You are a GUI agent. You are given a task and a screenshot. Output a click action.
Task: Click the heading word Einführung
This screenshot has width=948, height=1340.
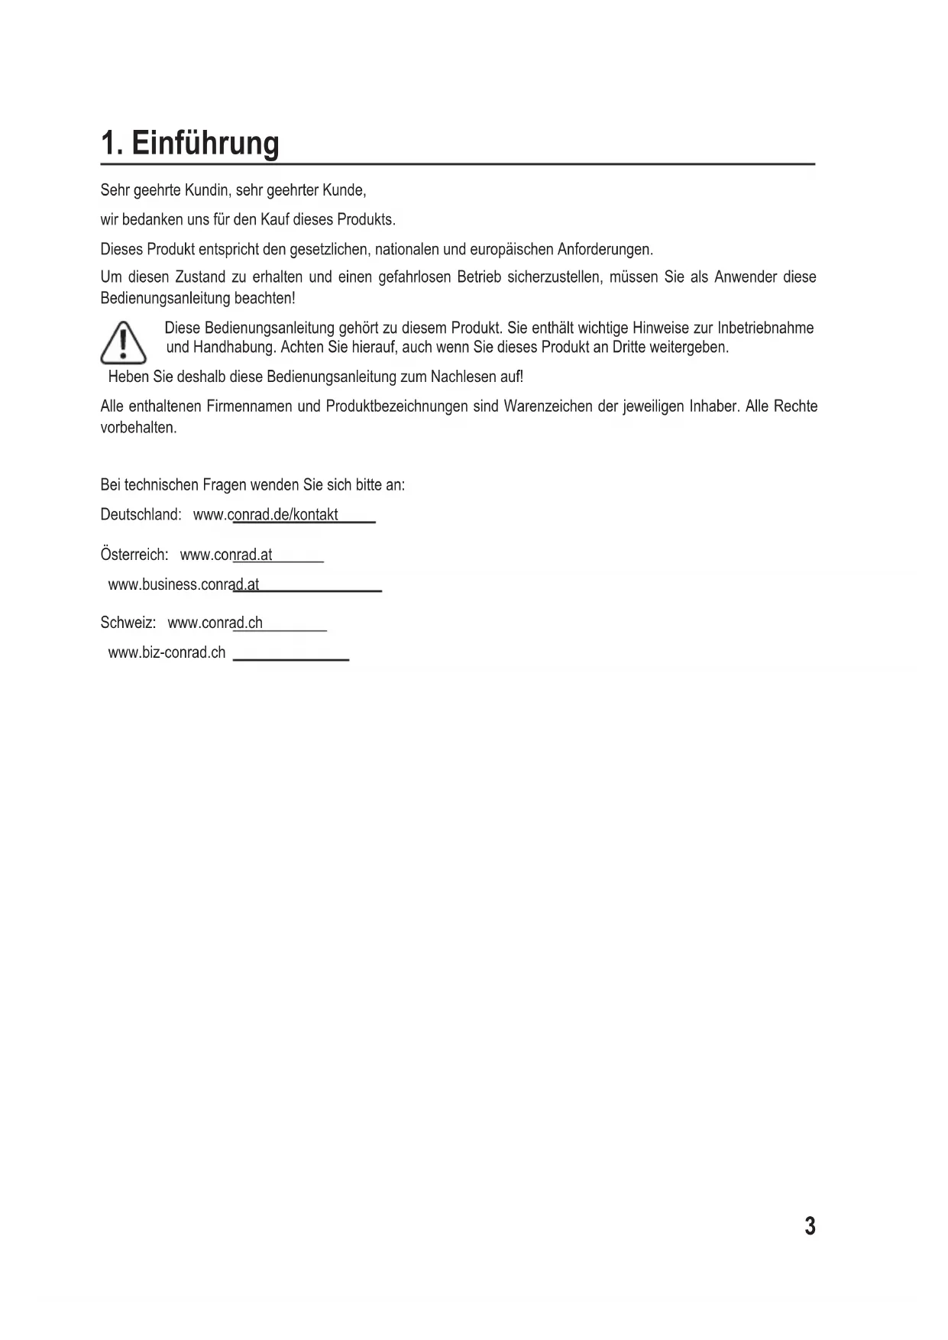click(x=205, y=144)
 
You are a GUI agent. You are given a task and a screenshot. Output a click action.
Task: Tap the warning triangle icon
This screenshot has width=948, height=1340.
click(x=123, y=344)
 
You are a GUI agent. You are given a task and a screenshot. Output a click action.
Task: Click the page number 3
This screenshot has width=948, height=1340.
click(x=810, y=1226)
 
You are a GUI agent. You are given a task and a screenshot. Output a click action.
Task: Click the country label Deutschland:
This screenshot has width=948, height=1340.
click(x=141, y=515)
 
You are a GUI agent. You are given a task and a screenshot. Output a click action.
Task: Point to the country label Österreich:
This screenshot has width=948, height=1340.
click(x=134, y=555)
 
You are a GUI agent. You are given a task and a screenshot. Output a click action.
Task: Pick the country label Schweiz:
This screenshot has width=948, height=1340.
click(x=128, y=623)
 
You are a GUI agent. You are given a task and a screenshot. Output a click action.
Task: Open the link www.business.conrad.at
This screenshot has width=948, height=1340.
click(x=183, y=585)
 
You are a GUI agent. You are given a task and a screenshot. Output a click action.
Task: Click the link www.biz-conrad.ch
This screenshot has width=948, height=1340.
click(x=167, y=653)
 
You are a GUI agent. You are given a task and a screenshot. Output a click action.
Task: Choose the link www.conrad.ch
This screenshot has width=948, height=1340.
click(x=215, y=623)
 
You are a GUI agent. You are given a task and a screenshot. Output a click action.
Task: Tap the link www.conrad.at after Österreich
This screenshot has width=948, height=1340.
click(x=225, y=555)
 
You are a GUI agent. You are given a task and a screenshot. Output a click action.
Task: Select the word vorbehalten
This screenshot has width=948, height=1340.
click(x=138, y=428)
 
